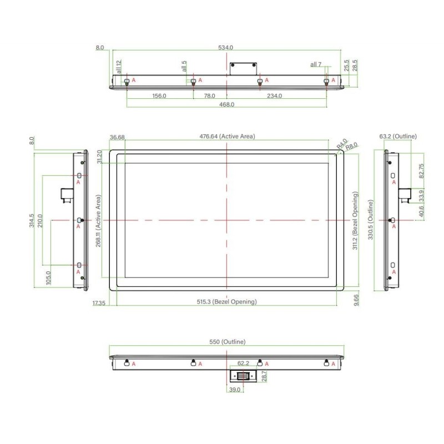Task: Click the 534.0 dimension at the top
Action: tap(226, 48)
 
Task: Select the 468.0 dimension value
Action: tap(226, 104)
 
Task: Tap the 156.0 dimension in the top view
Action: tap(159, 96)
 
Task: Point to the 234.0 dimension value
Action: tap(274, 96)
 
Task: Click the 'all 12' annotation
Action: tap(119, 67)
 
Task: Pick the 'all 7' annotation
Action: tap(316, 65)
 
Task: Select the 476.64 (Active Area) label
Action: tap(227, 137)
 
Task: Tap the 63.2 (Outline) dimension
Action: tap(398, 136)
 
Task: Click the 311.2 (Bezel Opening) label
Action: tap(356, 221)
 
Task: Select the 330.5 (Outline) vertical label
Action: tap(371, 220)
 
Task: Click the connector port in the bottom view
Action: tap(244, 376)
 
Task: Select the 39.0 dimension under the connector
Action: tap(234, 390)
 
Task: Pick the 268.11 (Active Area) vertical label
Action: tap(98, 221)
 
